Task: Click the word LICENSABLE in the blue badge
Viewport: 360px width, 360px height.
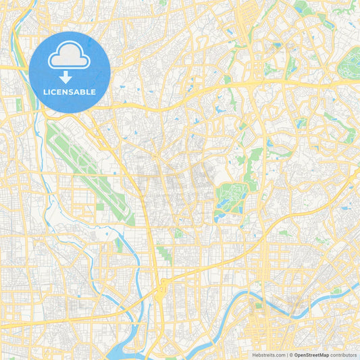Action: (x=70, y=91)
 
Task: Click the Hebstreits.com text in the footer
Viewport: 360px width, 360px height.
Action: (x=269, y=355)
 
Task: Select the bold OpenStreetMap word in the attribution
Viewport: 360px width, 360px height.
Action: (x=311, y=355)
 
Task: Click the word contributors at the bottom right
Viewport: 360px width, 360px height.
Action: (x=343, y=355)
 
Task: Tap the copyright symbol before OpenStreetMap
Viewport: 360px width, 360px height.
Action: (x=291, y=355)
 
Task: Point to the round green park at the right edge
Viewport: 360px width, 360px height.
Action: (x=350, y=66)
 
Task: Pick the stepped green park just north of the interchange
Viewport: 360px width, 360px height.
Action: (x=164, y=255)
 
